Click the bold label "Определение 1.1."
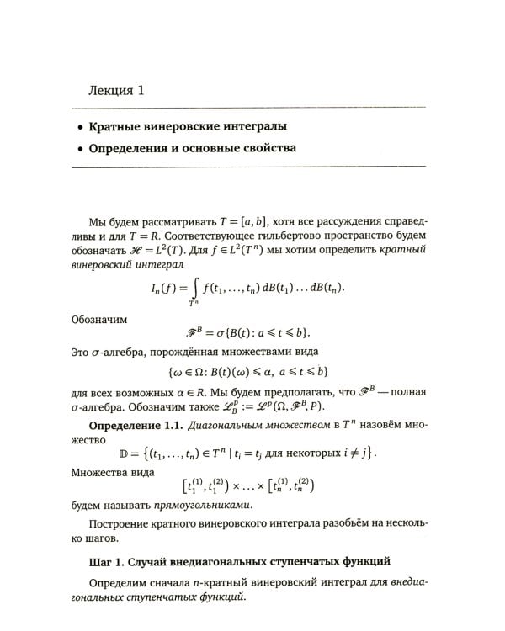point(135,424)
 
